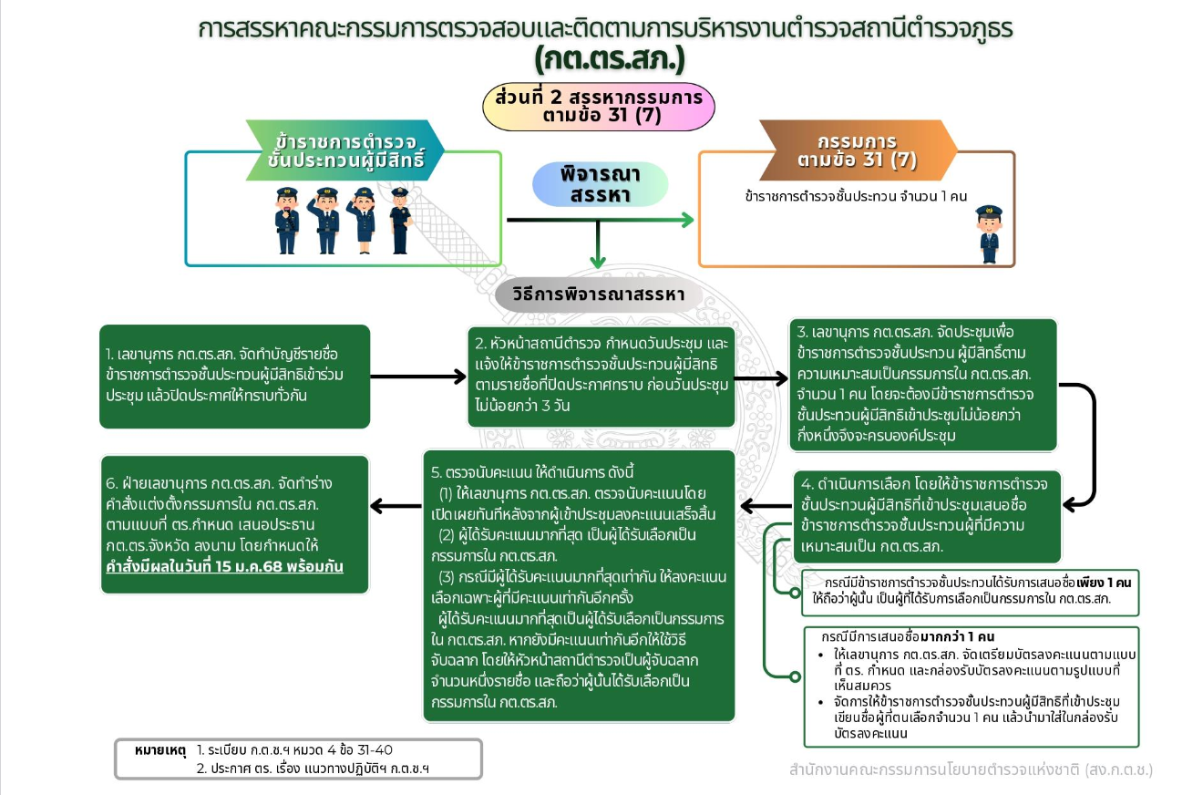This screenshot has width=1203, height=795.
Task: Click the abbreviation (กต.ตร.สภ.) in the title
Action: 609,60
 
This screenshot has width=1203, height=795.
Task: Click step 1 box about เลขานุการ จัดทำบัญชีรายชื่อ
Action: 234,376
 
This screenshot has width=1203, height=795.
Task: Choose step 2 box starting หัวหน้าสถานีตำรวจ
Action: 601,377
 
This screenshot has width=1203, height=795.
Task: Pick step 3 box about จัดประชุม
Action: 923,384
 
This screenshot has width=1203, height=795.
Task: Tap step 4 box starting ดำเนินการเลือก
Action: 928,516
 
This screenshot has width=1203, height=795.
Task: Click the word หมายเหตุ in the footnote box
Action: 159,750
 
